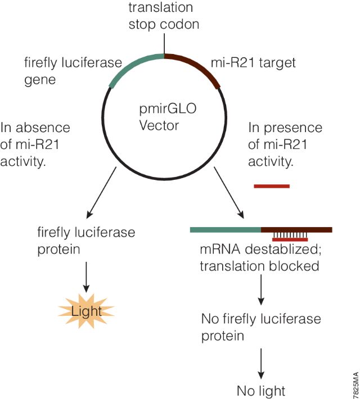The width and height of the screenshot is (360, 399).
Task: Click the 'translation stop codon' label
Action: pos(164,16)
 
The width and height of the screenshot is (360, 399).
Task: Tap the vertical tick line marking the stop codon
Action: pos(164,44)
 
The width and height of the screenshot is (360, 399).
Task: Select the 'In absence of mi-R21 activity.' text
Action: pos(35,145)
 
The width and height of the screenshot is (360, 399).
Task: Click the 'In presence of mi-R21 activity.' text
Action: pos(285,145)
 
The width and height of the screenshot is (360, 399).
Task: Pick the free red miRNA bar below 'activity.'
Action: pos(272,185)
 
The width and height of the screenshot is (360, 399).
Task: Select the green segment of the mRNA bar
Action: pos(225,229)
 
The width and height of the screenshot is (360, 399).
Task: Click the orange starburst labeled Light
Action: pos(86,309)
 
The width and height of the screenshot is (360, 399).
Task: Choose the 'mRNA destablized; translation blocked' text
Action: pos(259,257)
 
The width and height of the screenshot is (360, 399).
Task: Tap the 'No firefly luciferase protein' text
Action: pos(261,327)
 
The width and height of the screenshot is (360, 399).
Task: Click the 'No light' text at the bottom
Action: pos(260,391)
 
